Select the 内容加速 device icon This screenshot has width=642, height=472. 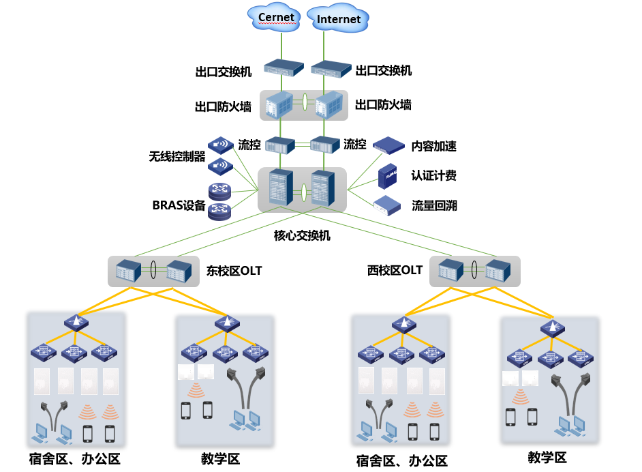[388, 145]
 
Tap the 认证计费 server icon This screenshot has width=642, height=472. [388, 175]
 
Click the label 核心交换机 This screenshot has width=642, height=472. [302, 235]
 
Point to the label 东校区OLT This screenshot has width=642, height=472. [234, 271]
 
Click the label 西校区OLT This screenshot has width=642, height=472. [395, 270]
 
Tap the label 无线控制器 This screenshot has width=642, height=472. [177, 156]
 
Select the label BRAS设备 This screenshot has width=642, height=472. [179, 205]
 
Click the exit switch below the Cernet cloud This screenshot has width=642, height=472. [283, 68]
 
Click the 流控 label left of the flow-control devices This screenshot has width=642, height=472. [249, 145]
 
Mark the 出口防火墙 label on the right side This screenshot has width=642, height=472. [384, 105]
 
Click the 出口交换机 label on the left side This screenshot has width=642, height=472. [223, 71]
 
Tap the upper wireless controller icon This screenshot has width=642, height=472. [220, 145]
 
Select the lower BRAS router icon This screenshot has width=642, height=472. [220, 211]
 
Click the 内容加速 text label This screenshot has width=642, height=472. [433, 146]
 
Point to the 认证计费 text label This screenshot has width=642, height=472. [433, 175]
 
